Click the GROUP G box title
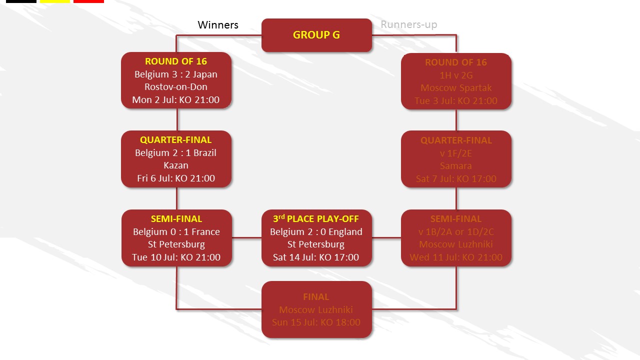pyautogui.click(x=316, y=35)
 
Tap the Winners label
pyautogui.click(x=218, y=25)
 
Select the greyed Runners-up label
pyautogui.click(x=408, y=24)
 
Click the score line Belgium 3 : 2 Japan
pyautogui.click(x=176, y=74)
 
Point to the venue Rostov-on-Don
pyautogui.click(x=176, y=87)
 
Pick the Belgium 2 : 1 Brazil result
pyautogui.click(x=176, y=152)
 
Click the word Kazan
pyautogui.click(x=176, y=165)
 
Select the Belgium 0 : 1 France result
pyautogui.click(x=176, y=231)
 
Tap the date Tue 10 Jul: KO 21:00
pyautogui.click(x=176, y=257)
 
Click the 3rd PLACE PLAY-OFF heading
pyautogui.click(x=316, y=219)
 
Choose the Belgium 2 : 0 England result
pyautogui.click(x=316, y=231)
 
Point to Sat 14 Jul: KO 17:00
pyautogui.click(x=316, y=257)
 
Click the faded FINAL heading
pyautogui.click(x=316, y=297)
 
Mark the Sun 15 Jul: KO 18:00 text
pyautogui.click(x=316, y=322)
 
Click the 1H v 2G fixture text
pyautogui.click(x=456, y=75)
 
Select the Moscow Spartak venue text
pyautogui.click(x=456, y=88)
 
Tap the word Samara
pyautogui.click(x=456, y=166)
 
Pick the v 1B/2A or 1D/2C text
pyautogui.click(x=456, y=232)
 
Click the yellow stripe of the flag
pyautogui.click(x=55, y=1)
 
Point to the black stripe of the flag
pyautogui.click(x=21, y=1)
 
